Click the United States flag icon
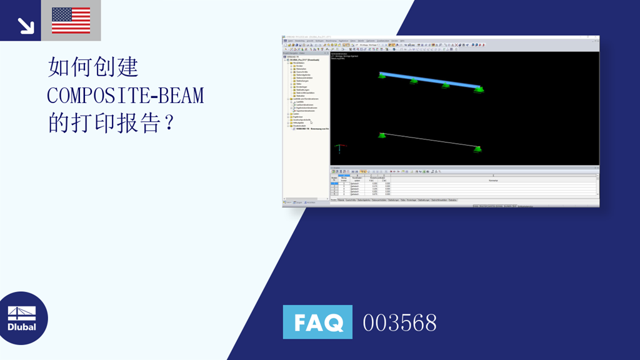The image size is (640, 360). tap(71, 21)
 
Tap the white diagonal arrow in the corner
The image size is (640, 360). tap(26, 25)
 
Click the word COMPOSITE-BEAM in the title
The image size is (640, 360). tap(126, 95)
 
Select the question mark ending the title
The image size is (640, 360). tap(166, 123)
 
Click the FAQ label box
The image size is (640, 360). tap(317, 322)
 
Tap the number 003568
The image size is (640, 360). tap(400, 322)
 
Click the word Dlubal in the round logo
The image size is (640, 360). tap(22, 327)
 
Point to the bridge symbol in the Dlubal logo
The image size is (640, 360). tap(22, 312)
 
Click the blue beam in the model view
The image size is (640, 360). tap(430, 81)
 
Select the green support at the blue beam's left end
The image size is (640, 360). tap(382, 76)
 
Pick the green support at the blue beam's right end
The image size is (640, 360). tap(479, 90)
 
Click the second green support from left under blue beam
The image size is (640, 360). tap(413, 81)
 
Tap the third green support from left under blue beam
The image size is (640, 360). tap(446, 85)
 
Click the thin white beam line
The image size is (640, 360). tap(430, 141)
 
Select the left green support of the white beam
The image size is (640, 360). tap(382, 135)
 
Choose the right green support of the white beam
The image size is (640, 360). tap(478, 149)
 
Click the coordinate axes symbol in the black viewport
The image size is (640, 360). tap(339, 149)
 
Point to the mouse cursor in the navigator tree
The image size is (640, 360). tap(311, 122)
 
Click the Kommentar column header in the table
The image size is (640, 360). tap(493, 180)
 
